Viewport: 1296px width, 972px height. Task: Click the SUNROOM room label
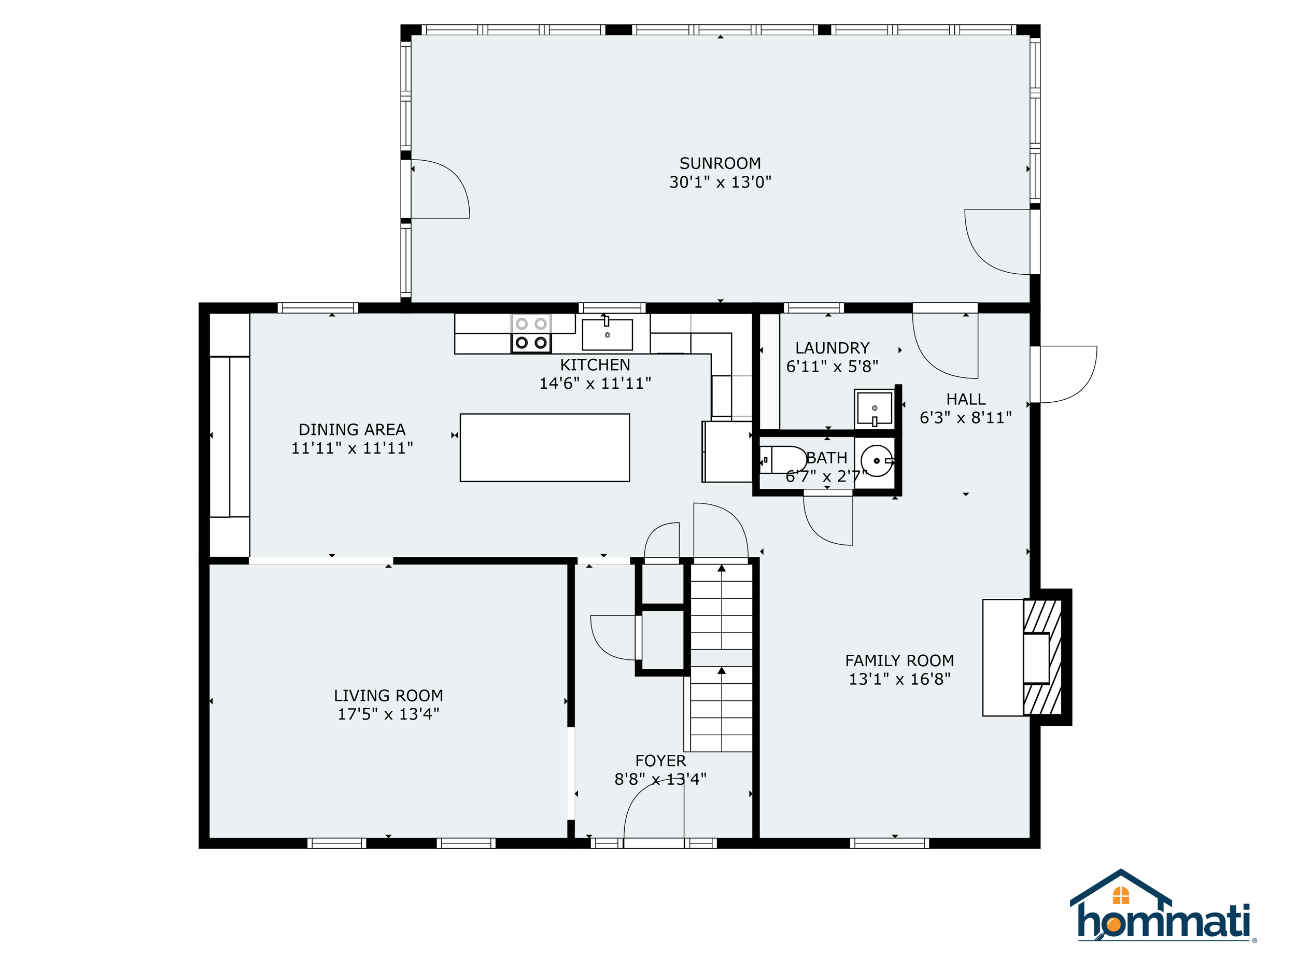pos(720,163)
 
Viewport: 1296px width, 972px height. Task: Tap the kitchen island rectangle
pos(545,447)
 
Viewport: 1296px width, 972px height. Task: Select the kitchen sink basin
pos(607,334)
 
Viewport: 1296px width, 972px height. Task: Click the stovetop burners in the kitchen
pos(531,333)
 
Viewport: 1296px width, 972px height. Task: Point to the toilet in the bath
pos(783,460)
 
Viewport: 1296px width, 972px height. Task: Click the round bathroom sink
pos(877,460)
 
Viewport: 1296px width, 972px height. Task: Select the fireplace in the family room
pos(1026,657)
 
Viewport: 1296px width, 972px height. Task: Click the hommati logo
pos(1163,907)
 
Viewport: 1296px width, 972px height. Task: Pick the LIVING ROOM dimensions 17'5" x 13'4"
pos(388,714)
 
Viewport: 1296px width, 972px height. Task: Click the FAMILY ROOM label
pos(899,660)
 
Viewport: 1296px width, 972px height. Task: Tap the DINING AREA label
pos(352,429)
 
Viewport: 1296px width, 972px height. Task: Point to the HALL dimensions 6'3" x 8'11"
pos(966,417)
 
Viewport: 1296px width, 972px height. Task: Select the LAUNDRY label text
pos(832,348)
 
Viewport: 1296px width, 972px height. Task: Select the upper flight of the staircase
pos(721,607)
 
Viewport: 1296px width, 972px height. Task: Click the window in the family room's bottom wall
pos(890,843)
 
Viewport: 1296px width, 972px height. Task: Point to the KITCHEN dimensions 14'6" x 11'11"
pos(595,383)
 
